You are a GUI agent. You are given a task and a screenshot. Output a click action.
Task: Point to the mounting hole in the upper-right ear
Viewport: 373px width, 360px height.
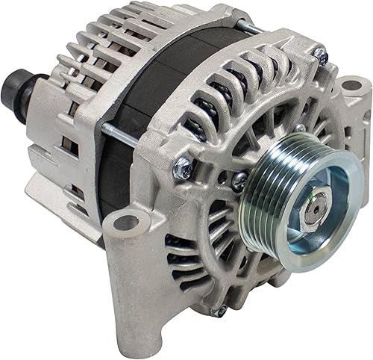(x=351, y=84)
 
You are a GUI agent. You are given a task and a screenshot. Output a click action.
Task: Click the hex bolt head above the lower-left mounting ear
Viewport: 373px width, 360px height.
(x=181, y=170)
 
